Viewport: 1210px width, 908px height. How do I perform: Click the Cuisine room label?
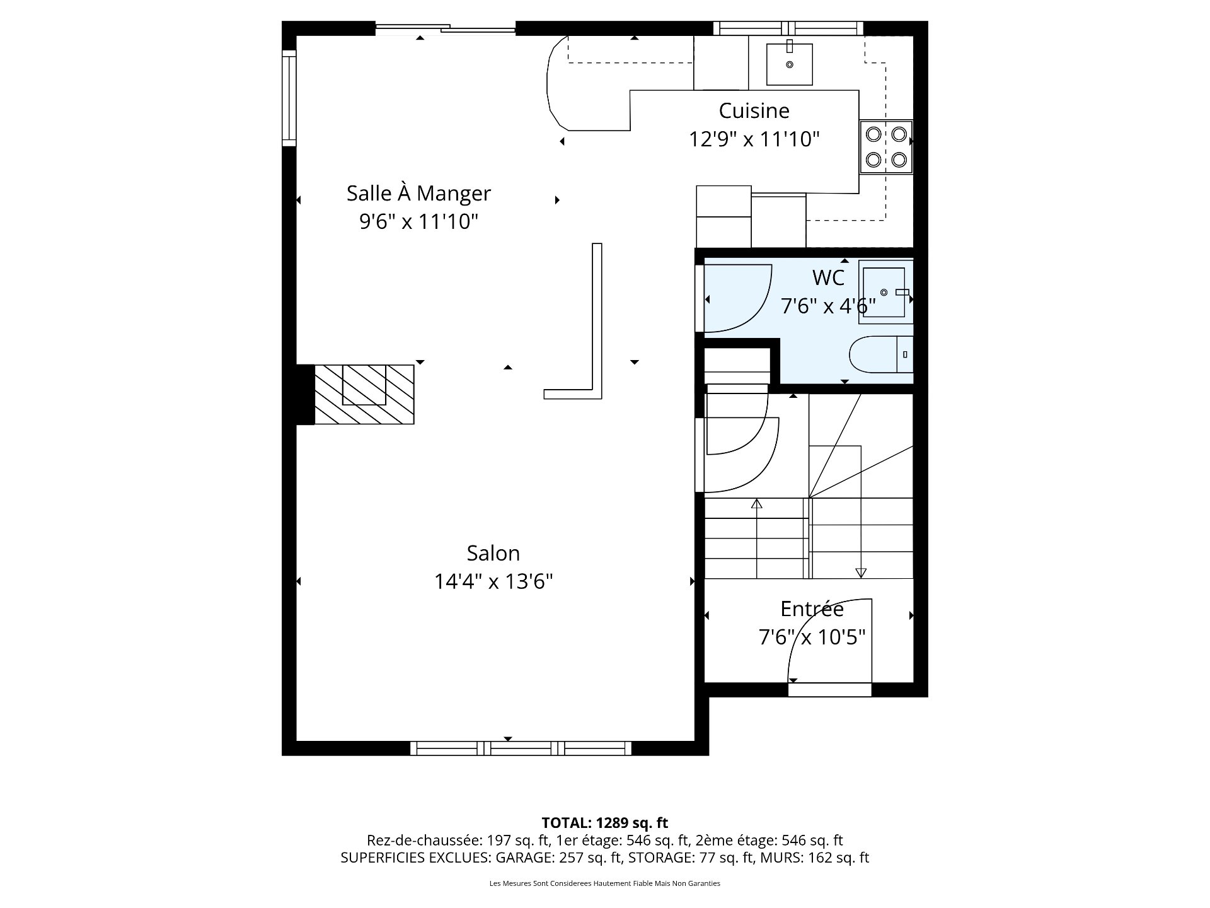754,111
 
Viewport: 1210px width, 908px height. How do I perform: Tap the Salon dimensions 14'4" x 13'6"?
493,581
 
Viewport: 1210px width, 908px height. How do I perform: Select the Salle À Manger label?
418,193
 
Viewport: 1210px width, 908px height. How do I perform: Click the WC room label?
827,277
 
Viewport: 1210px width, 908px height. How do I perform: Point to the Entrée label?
812,609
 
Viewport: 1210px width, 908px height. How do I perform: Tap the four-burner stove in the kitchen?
886,146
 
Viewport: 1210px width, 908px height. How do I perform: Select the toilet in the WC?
880,354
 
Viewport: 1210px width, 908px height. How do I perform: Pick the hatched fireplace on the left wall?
364,394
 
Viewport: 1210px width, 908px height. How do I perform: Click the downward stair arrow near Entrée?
861,573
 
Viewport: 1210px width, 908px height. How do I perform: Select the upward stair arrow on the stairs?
757,504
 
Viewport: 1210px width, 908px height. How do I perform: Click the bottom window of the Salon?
521,748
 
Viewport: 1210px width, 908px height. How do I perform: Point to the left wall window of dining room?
289,98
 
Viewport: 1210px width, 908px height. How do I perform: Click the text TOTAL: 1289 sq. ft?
604,823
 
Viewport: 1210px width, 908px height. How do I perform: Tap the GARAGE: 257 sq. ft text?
558,858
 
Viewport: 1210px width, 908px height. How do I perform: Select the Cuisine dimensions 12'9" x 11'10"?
754,139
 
